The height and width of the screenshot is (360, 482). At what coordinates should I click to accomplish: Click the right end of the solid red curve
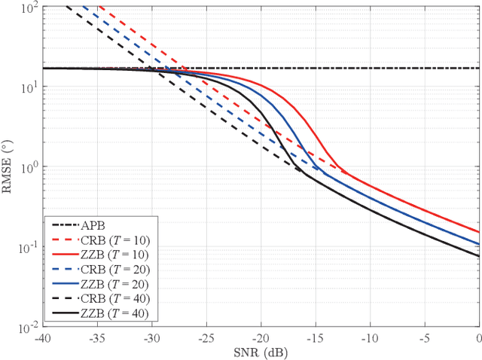(x=479, y=232)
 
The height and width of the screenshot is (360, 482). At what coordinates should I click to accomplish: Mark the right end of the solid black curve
(x=479, y=256)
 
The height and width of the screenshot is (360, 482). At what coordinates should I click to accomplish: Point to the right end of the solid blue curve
(x=479, y=244)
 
